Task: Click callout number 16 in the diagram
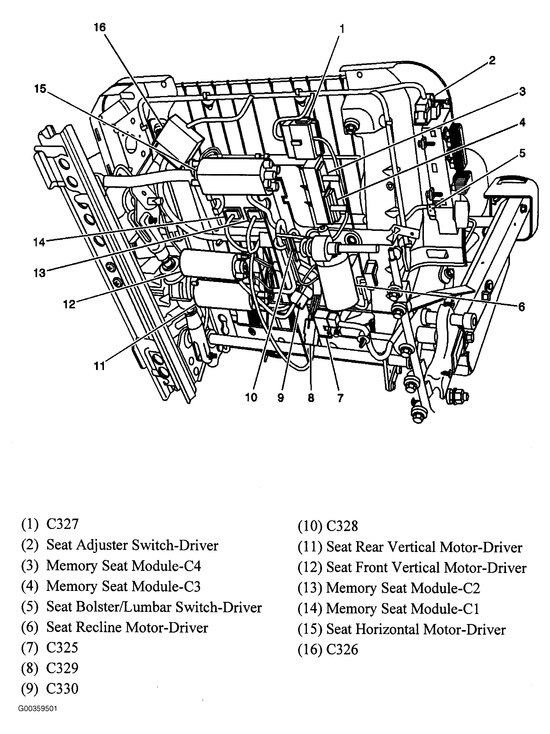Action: coord(100,28)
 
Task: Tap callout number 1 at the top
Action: coord(342,29)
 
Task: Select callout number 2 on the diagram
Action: coord(492,60)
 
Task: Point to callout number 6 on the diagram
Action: coord(521,307)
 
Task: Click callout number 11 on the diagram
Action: coord(99,366)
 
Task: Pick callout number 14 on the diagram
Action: coord(39,242)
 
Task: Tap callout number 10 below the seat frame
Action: coord(251,397)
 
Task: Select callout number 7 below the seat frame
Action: coord(340,397)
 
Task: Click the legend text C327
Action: coord(62,524)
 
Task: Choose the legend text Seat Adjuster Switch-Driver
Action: coord(132,545)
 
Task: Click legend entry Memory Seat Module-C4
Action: coord(123,565)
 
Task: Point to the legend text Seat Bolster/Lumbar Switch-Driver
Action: coord(154,607)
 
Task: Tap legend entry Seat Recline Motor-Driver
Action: coord(127,627)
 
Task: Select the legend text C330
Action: coord(62,688)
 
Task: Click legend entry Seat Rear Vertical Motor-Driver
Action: coord(424,547)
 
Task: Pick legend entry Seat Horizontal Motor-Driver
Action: coord(416,629)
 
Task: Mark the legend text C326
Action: coord(342,650)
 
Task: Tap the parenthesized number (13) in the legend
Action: coord(310,588)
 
